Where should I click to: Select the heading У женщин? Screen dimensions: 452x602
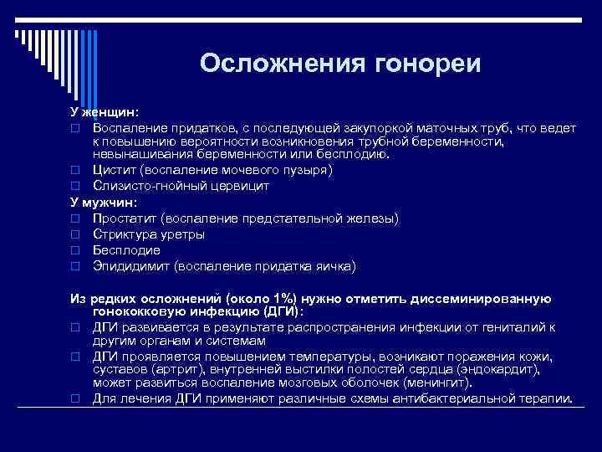click(104, 111)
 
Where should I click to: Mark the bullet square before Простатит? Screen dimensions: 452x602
click(74, 219)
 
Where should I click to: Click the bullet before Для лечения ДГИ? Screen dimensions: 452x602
click(74, 399)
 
